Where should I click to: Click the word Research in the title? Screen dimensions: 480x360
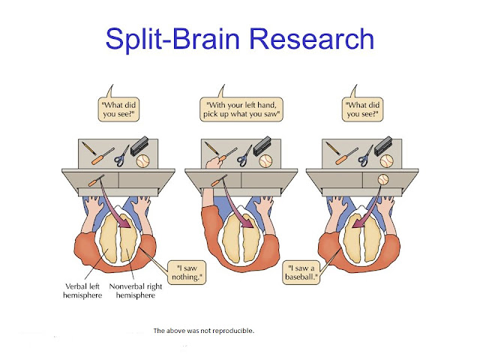tap(312, 38)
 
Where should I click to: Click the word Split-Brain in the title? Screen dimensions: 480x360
tap(172, 40)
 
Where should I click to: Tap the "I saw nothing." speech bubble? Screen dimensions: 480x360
tap(187, 273)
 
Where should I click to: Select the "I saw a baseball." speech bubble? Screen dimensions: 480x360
tap(301, 273)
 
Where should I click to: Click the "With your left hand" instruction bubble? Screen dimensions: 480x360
tap(241, 109)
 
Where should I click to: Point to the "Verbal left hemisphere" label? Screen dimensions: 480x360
tap(82, 291)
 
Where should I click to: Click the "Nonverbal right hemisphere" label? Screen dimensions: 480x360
tap(136, 291)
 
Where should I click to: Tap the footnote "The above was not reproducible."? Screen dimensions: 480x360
tap(203, 331)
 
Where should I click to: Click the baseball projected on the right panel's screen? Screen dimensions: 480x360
tap(383, 179)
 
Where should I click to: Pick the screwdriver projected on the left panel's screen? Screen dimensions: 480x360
tap(96, 180)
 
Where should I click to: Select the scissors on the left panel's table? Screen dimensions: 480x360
tap(121, 156)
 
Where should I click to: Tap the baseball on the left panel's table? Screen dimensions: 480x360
tap(142, 161)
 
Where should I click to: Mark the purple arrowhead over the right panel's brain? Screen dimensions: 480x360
tap(357, 223)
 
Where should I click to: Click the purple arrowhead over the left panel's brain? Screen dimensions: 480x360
tap(125, 223)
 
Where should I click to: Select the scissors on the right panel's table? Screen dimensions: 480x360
tap(365, 156)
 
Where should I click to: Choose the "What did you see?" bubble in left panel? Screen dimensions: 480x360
tap(118, 109)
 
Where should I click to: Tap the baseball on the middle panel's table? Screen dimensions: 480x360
tap(265, 161)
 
